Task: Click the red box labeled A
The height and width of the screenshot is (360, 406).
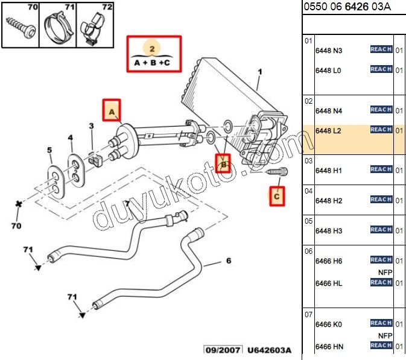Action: pos(112,111)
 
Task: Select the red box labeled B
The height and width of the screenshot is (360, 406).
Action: pos(224,163)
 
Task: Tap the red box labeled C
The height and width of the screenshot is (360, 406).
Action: pos(277,195)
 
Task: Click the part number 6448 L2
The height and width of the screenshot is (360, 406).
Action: pos(328,130)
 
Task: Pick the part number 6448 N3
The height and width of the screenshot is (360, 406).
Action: pos(328,50)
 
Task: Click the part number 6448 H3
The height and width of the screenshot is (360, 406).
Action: pos(328,230)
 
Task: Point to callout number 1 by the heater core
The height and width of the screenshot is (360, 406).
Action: pos(260,72)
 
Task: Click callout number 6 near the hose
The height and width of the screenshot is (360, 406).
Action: pos(228,261)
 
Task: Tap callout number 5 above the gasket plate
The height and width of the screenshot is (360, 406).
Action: pos(49,150)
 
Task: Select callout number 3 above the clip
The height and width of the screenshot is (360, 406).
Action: pos(91,126)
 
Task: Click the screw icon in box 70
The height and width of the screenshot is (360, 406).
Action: pos(19,27)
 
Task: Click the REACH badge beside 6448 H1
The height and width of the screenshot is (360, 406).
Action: pos(381,169)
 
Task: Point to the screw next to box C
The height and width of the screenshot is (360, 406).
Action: pos(278,172)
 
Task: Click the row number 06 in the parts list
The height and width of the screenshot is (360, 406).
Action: pos(308,251)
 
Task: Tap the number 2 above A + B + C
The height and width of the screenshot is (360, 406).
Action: pos(153,48)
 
